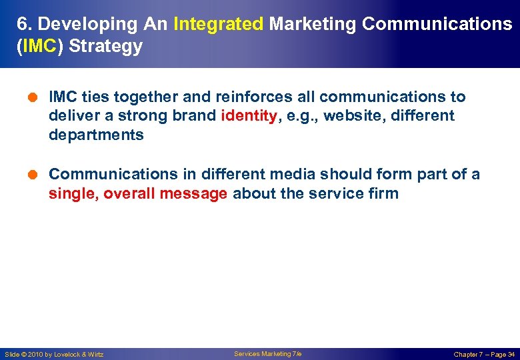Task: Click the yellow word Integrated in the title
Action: click(218, 24)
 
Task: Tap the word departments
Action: click(96, 135)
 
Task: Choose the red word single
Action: click(73, 194)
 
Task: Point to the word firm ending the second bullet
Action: click(383, 194)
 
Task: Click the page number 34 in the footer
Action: click(511, 354)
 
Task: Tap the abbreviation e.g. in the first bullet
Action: click(299, 116)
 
